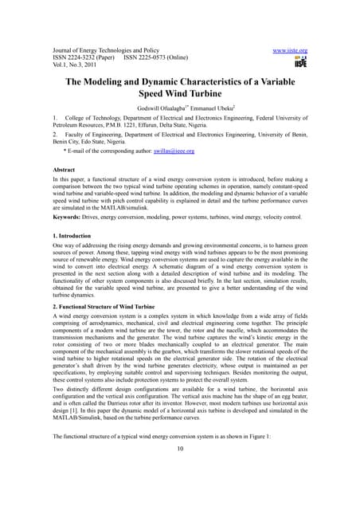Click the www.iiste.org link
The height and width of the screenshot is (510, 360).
[290, 51]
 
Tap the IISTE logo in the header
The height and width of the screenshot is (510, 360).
[300, 62]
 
